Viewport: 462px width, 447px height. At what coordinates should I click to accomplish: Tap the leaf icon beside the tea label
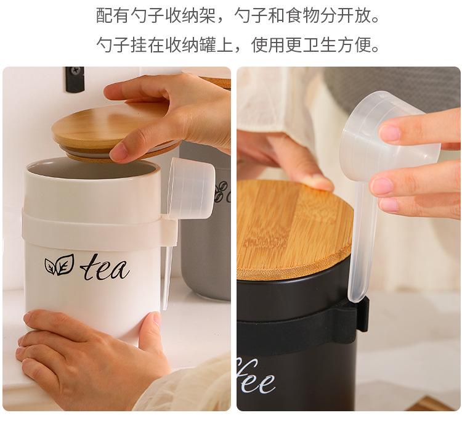[x=59, y=265]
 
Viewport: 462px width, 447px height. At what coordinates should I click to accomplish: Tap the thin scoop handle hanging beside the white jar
[x=166, y=271]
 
